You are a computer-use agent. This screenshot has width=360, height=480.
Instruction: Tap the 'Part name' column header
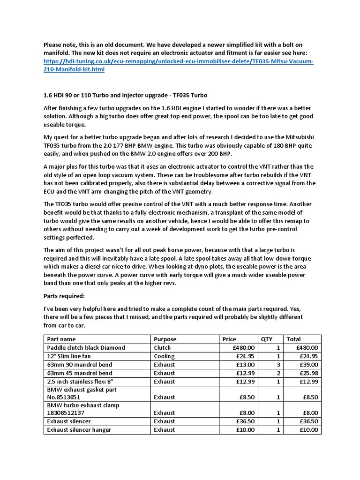61,339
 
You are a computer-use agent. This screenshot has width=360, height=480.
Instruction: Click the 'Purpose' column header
165,339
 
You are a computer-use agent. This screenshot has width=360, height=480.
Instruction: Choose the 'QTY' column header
266,339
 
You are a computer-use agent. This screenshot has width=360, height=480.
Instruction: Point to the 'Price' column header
230,339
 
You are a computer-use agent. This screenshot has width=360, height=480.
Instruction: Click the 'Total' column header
294,339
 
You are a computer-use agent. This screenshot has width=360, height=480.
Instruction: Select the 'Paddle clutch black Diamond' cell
86,347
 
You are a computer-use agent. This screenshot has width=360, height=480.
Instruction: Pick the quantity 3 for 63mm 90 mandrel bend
278,365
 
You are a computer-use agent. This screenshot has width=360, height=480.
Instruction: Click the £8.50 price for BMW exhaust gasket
247,397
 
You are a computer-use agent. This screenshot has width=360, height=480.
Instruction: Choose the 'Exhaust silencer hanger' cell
79,430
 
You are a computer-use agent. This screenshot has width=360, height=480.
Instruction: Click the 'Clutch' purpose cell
162,347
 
